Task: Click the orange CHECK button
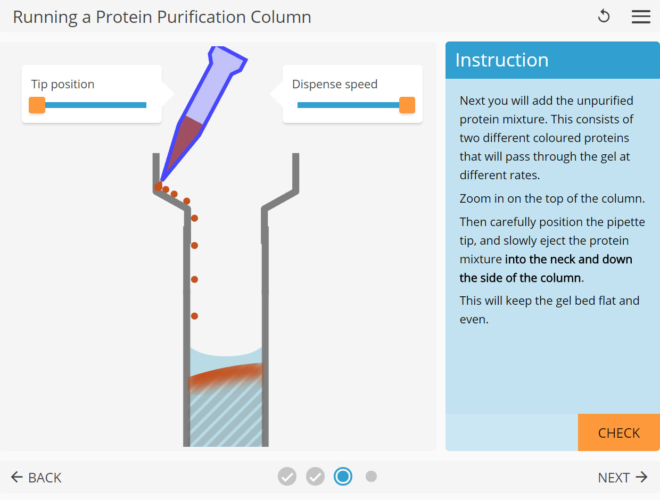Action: click(618, 433)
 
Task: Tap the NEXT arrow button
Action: click(622, 477)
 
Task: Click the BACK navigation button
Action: click(36, 477)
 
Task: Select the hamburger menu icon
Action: click(641, 16)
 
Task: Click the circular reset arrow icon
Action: click(604, 16)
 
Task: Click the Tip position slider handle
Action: click(37, 105)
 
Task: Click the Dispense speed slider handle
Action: click(407, 105)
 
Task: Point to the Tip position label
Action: click(63, 84)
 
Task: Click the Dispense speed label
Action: click(335, 84)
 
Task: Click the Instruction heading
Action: click(501, 60)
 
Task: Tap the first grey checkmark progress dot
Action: click(287, 477)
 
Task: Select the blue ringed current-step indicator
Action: click(343, 477)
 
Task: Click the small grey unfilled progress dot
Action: click(372, 477)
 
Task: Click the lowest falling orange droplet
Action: click(194, 316)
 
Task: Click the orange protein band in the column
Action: click(226, 375)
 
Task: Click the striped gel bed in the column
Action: click(226, 420)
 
